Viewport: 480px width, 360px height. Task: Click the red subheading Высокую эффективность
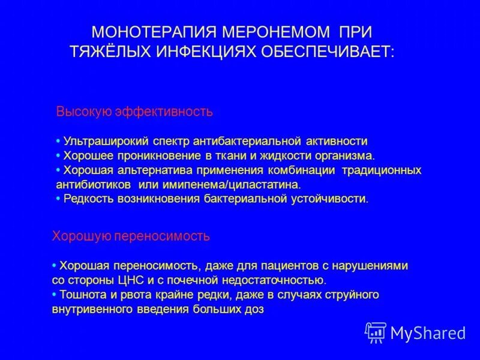[x=134, y=112]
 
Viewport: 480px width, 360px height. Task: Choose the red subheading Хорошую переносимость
[x=131, y=236]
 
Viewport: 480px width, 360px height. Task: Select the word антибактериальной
[x=246, y=141]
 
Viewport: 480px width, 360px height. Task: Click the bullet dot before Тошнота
[x=55, y=295]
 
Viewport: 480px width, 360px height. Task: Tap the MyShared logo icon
[x=376, y=332]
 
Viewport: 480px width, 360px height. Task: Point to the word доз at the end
[x=253, y=309]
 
